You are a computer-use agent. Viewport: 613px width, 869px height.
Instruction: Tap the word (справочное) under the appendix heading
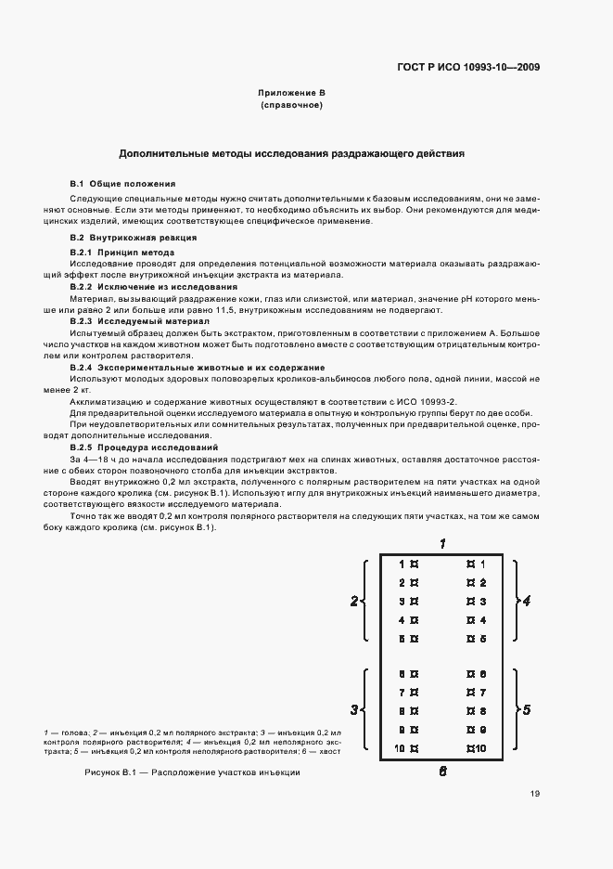291,106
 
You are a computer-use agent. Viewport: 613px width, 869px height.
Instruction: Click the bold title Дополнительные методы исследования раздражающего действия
291,153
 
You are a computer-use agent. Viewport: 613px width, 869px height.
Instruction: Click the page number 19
535,793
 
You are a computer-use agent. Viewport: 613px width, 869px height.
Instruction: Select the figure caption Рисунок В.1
192,772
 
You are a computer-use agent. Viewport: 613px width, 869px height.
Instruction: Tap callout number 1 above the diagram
443,543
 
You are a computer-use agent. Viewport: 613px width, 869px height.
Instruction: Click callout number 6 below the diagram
443,771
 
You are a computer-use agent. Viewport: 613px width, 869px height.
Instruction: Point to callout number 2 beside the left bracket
354,602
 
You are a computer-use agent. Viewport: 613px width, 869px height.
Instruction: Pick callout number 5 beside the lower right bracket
526,710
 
